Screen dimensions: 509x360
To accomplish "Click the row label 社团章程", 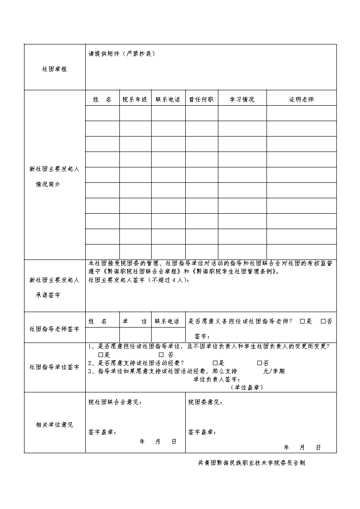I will [54, 69].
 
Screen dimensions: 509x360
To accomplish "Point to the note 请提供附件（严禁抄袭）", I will [122, 54].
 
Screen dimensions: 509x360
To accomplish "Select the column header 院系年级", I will [135, 99].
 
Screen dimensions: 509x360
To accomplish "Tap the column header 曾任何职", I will [202, 99].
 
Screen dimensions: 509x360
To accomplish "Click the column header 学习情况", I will [242, 99].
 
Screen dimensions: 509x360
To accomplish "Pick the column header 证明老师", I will [301, 99].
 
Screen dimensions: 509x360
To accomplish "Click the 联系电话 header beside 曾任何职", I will [168, 99].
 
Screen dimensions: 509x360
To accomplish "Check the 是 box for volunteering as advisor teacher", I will [302, 321].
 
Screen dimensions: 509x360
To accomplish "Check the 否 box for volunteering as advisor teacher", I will [323, 321].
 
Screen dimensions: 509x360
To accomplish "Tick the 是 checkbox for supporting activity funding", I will [215, 363].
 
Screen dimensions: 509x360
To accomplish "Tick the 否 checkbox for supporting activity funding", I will [259, 363].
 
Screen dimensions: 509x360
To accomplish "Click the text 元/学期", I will [274, 371].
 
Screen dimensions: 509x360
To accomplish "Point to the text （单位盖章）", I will [247, 387].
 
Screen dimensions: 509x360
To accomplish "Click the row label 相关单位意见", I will [54, 425].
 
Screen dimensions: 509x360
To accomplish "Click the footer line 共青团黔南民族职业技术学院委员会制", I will [252, 463].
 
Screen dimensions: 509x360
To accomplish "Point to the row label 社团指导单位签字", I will [54, 367].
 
